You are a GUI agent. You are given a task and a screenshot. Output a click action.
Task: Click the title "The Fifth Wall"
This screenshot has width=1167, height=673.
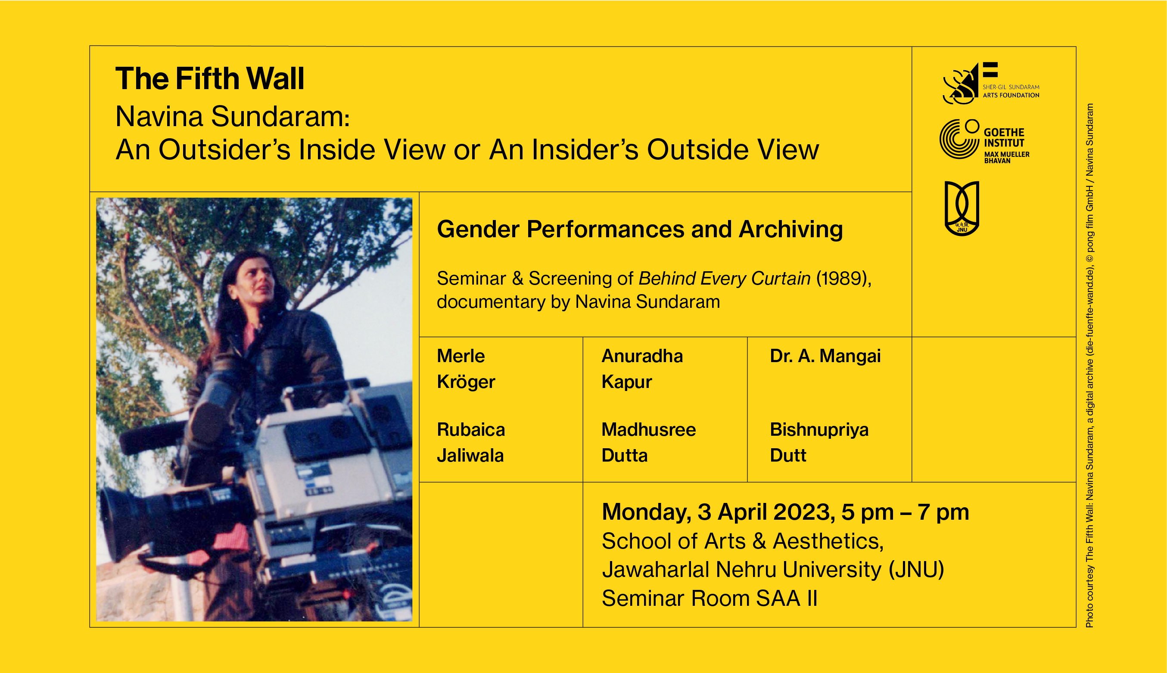[x=210, y=78]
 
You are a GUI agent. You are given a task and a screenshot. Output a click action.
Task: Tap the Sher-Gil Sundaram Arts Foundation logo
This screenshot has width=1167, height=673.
[x=990, y=83]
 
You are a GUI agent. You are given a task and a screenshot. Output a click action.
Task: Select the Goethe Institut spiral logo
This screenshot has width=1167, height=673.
[x=959, y=139]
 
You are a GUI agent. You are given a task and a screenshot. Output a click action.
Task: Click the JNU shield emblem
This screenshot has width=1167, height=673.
[x=962, y=208]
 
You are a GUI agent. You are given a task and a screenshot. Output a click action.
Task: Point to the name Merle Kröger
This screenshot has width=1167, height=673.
[x=466, y=369]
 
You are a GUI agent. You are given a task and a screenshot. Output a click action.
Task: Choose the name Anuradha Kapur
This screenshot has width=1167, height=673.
[x=642, y=369]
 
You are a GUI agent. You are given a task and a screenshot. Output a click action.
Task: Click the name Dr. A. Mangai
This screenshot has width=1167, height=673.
[x=825, y=356]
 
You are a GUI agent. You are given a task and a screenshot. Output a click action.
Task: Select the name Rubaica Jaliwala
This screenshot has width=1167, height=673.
[x=471, y=442]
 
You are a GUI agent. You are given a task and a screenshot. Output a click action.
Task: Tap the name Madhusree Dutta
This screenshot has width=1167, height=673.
[x=649, y=442]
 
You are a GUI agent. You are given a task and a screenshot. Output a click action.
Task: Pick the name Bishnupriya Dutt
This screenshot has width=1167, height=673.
[x=819, y=442]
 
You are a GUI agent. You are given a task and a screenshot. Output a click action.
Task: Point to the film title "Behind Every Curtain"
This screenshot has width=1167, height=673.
[x=725, y=278]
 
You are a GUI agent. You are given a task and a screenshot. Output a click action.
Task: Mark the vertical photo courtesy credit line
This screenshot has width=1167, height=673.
[x=1090, y=365]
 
